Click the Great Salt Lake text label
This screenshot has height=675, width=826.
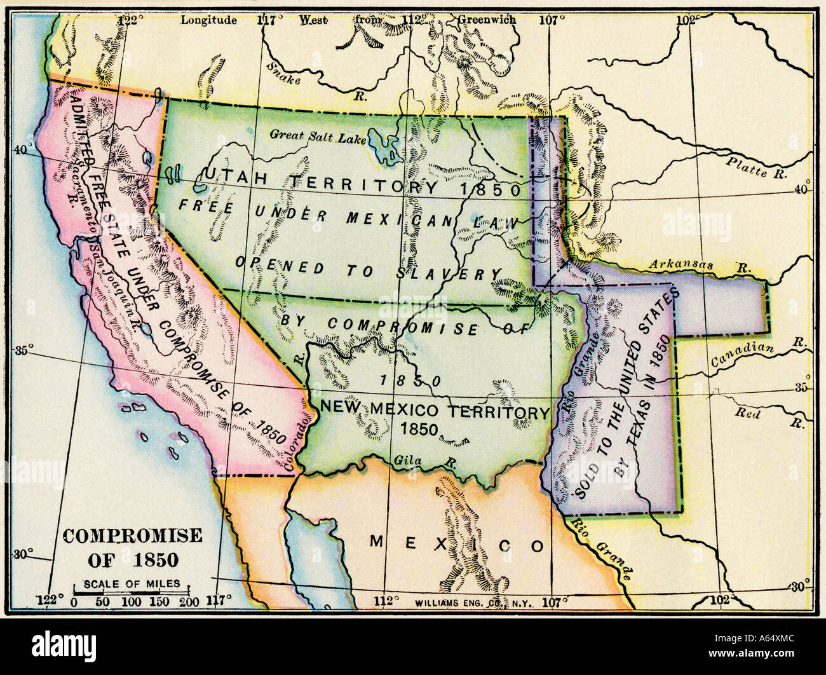(313, 135)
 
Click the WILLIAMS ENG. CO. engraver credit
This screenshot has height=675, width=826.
(455, 601)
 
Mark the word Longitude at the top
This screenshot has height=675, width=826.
(208, 20)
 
